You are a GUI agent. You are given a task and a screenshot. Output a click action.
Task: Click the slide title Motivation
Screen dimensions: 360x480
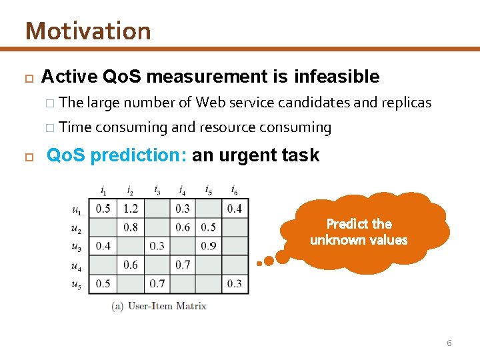(x=88, y=31)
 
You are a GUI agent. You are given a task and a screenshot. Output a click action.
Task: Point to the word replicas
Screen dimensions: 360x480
(x=406, y=102)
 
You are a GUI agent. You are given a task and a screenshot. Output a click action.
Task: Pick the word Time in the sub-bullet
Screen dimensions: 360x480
(x=75, y=127)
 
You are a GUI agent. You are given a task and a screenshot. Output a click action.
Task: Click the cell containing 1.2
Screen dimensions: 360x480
(x=131, y=209)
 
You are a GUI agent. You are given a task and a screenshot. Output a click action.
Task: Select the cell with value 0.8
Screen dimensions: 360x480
(x=131, y=227)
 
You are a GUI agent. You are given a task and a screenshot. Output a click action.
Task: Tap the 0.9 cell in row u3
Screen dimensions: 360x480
(x=209, y=246)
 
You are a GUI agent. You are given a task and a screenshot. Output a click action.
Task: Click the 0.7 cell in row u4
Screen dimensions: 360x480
(x=183, y=265)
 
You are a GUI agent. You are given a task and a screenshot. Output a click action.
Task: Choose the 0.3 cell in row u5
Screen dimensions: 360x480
(x=235, y=284)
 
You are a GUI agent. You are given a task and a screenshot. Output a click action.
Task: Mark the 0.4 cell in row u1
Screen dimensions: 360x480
(x=235, y=209)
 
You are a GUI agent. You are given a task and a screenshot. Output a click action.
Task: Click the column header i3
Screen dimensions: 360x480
(x=157, y=190)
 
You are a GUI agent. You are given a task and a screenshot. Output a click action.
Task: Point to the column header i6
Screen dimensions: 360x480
(x=235, y=190)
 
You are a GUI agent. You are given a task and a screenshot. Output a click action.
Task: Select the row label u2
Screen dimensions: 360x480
(x=77, y=228)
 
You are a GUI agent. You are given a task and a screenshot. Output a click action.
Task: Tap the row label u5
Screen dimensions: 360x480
(x=77, y=285)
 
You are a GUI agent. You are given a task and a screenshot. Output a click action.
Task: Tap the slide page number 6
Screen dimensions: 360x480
(x=449, y=343)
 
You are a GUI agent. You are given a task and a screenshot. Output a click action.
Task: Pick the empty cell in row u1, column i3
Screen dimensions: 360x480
(x=157, y=209)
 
